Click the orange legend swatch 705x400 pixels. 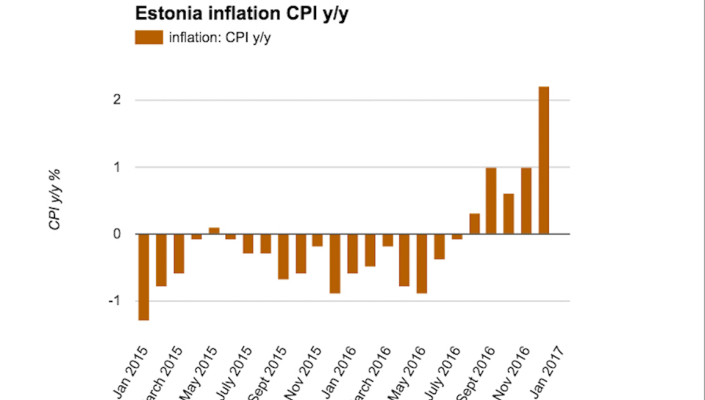[148, 37]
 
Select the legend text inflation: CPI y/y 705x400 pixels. [220, 37]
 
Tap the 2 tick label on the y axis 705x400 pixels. [116, 100]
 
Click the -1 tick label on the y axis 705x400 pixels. [114, 301]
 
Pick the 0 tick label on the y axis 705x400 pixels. [116, 234]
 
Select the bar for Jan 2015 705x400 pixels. [144, 277]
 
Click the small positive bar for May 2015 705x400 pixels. [213, 231]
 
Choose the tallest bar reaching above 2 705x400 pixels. [543, 160]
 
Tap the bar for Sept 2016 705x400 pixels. [491, 201]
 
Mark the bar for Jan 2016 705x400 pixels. [335, 264]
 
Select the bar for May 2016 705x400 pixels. [421, 264]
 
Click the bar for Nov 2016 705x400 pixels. [525, 201]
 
